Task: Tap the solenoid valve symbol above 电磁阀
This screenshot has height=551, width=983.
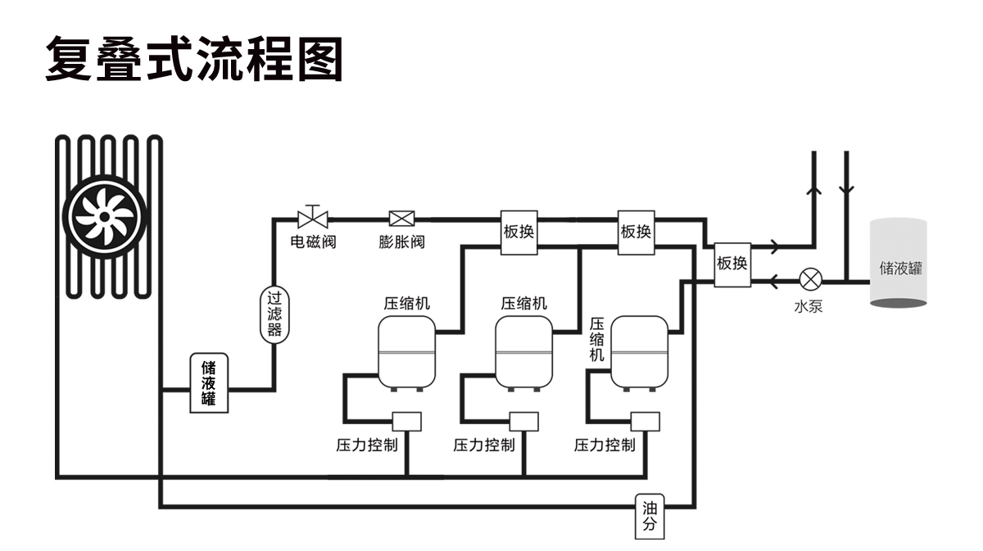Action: pos(312,218)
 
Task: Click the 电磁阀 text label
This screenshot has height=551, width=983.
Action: pos(313,242)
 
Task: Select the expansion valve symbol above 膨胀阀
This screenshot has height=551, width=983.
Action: pos(401,219)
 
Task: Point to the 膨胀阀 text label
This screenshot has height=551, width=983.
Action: pos(401,242)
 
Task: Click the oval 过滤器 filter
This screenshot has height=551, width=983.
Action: pos(274,314)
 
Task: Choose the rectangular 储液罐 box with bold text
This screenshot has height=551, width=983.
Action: pos(209,383)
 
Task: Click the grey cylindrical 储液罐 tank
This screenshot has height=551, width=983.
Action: pos(899,264)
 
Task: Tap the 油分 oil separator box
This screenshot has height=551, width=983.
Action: pos(650,517)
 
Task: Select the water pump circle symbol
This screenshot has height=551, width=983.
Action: pos(811,280)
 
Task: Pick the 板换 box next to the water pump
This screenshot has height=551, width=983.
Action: pos(732,264)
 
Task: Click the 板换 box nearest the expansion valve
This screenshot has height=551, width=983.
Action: pos(519,232)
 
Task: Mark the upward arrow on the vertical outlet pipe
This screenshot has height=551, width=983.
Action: pos(814,189)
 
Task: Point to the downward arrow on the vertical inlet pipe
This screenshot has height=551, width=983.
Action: pos(846,189)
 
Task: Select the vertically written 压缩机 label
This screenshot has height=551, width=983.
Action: pos(597,339)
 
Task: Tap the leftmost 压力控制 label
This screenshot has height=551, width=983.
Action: pos(367,445)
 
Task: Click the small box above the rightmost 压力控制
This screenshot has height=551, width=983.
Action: pos(646,421)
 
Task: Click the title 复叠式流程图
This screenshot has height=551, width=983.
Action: pos(193,59)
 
